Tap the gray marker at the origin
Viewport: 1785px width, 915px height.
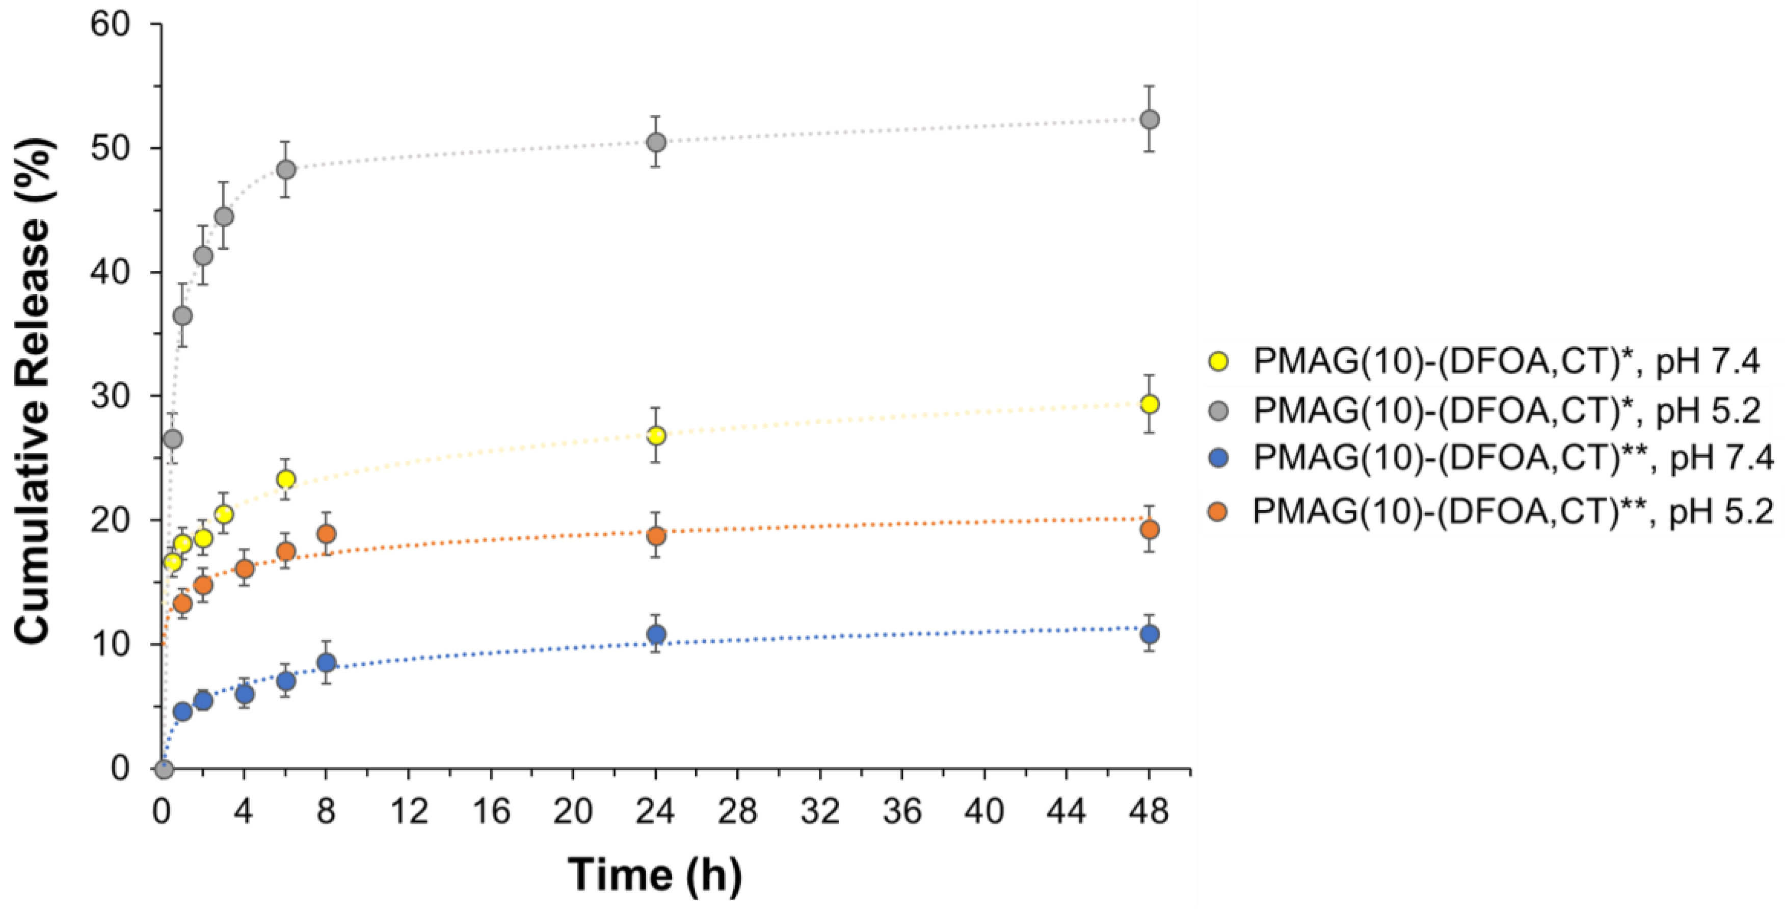point(164,769)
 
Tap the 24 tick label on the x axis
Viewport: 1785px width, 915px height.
point(655,811)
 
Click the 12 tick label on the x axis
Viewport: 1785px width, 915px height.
point(409,811)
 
